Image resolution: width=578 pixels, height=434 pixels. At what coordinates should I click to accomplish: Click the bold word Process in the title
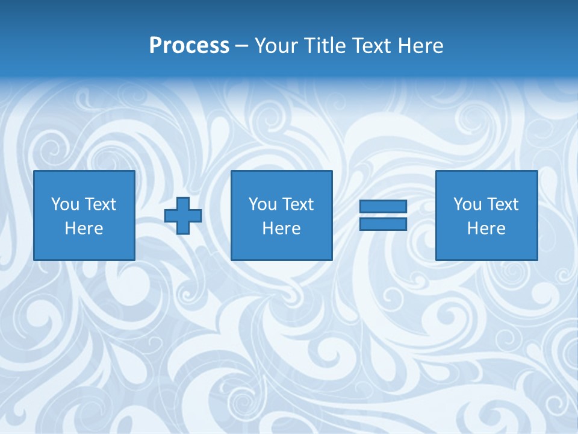point(189,46)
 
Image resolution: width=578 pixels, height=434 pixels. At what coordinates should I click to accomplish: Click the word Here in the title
point(421,46)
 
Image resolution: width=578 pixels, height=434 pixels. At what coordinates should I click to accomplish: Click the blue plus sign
point(183,215)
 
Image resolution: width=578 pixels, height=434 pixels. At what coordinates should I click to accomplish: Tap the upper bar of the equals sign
point(383,207)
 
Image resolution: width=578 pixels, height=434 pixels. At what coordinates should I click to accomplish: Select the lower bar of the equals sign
point(383,224)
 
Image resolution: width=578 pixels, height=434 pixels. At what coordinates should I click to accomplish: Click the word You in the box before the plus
point(65,204)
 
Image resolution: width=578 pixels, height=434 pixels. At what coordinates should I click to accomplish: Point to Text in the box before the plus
point(100,204)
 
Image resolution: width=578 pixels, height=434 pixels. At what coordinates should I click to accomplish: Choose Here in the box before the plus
point(84,228)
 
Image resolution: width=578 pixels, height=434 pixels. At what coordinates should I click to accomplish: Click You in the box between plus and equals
point(263,204)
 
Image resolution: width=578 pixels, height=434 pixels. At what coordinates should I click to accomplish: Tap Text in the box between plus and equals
point(297,204)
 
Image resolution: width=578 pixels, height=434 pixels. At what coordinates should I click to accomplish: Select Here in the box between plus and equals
point(281,228)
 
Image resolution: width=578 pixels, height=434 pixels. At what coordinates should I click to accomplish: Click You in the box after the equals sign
point(467,204)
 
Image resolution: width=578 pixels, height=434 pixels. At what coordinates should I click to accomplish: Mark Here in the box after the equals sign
point(486,228)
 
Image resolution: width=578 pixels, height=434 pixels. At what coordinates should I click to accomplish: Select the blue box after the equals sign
point(486,247)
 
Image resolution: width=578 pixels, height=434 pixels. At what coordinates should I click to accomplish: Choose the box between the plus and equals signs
point(281,247)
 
